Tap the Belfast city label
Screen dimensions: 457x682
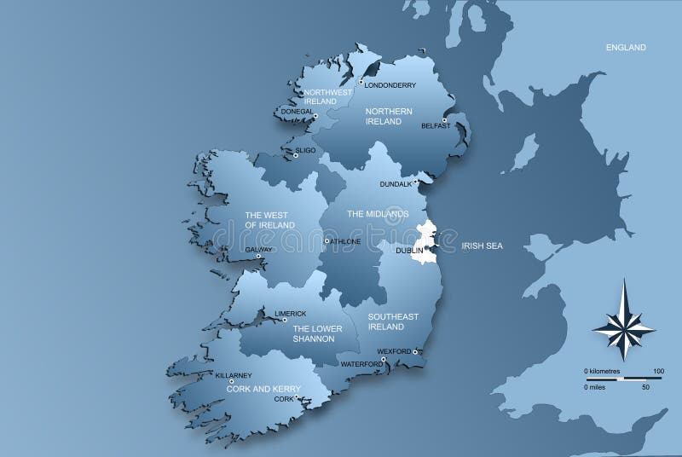(x=435, y=126)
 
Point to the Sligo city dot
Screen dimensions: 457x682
(x=295, y=155)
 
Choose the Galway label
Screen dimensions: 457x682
(x=258, y=250)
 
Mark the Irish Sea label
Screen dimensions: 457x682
(x=483, y=246)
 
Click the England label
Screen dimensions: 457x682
(x=626, y=48)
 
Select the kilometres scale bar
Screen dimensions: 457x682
(x=622, y=378)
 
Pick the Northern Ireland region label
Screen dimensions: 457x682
(x=389, y=117)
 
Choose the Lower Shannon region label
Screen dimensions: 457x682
(x=313, y=333)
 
